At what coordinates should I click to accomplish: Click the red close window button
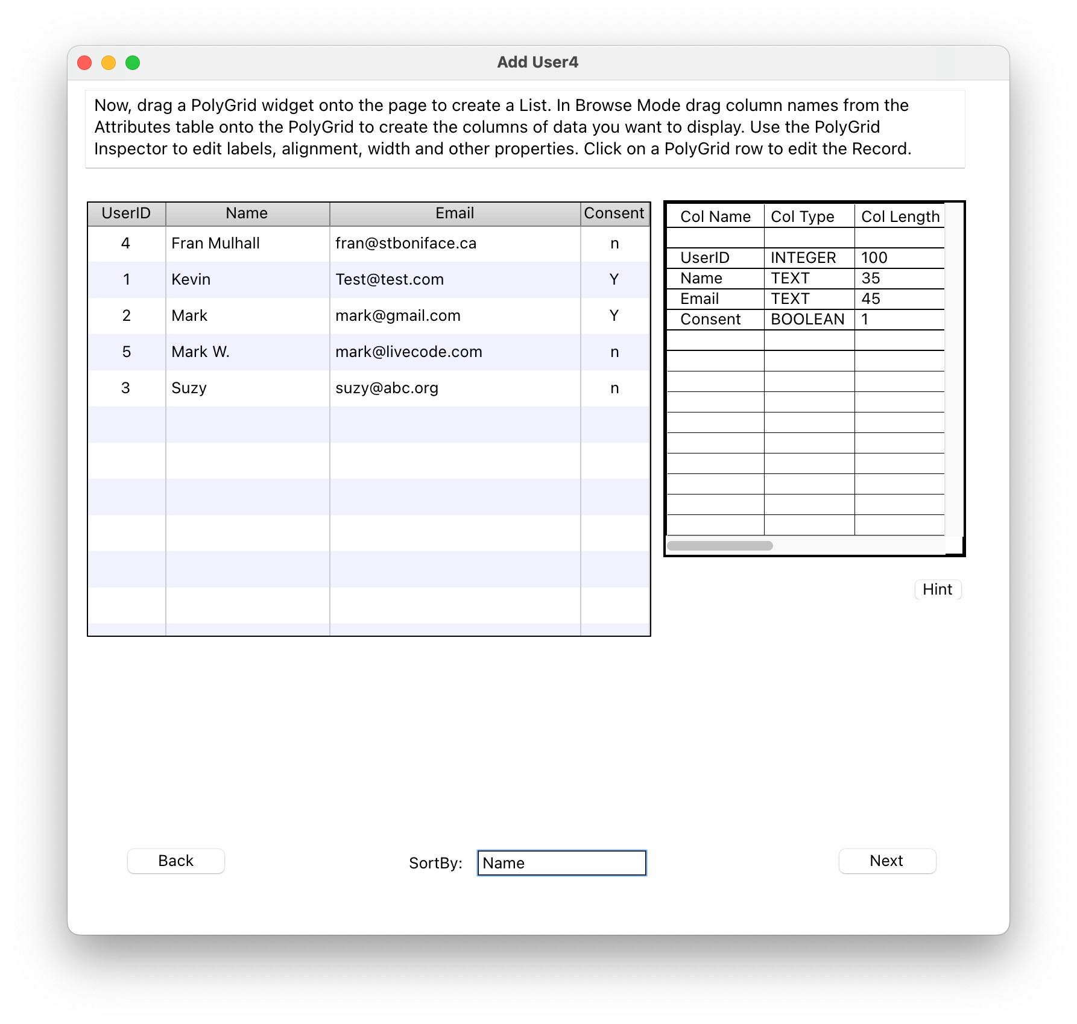tap(84, 63)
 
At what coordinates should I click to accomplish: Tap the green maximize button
tap(133, 63)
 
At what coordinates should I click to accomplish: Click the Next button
tap(886, 861)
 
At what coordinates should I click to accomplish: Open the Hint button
tap(937, 589)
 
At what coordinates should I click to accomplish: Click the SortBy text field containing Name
tap(561, 863)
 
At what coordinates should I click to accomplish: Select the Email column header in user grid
tap(455, 213)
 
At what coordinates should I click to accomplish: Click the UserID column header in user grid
tap(126, 213)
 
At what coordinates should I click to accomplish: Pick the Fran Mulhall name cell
tap(215, 244)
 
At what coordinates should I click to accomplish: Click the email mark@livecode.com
tap(408, 352)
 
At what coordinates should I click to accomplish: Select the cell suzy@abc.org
tap(387, 388)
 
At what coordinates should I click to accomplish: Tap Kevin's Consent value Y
tap(614, 280)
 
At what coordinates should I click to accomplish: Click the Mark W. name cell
tap(200, 352)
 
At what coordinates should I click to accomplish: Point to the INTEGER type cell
tap(803, 258)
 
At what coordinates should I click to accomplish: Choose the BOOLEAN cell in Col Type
tap(807, 320)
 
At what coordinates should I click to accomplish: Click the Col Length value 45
tap(870, 299)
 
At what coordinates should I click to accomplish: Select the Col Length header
tap(900, 217)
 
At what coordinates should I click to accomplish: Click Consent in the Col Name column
tap(710, 320)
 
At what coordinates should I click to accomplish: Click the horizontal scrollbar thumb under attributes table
tap(719, 546)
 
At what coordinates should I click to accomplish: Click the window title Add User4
tap(537, 62)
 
